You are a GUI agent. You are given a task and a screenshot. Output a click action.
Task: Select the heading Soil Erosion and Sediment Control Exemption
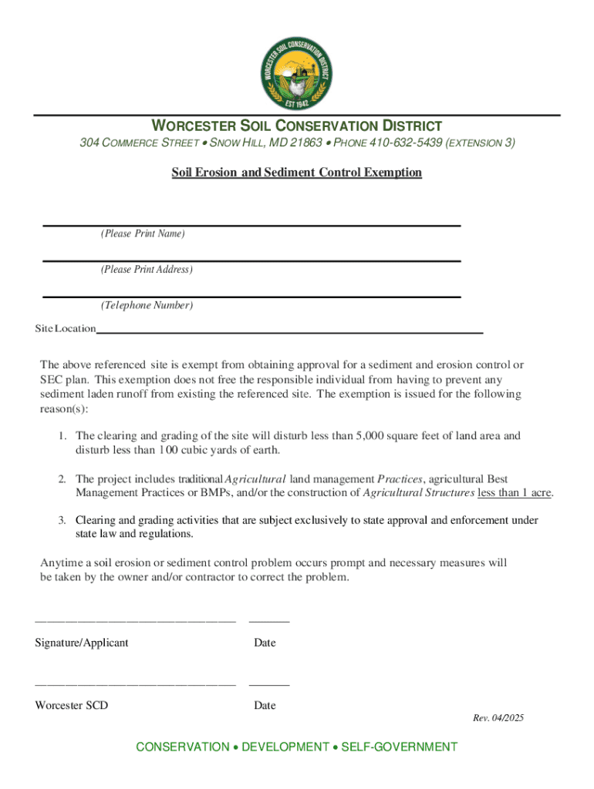pos(296,173)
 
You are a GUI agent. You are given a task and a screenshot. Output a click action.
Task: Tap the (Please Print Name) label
pos(143,233)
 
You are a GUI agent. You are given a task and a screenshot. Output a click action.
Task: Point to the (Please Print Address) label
pos(147,270)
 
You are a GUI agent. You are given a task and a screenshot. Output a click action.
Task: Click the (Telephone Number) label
pos(147,306)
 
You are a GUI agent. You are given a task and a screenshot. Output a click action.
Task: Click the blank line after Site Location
pos(289,330)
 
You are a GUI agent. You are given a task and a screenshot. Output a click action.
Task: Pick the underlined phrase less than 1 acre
pos(515,493)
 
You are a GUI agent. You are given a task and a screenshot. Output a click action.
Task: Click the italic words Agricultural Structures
pos(418,493)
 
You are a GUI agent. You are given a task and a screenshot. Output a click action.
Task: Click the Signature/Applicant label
pos(82,643)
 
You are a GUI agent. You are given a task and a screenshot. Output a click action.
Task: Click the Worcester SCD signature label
pos(72,705)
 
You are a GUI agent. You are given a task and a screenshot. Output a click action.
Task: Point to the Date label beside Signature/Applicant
pos(265,643)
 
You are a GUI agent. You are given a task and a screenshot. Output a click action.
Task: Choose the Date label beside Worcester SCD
pos(265,705)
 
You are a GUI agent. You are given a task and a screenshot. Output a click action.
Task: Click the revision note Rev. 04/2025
pos(498,718)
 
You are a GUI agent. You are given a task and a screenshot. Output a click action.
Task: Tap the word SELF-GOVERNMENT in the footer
pos(399,747)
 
